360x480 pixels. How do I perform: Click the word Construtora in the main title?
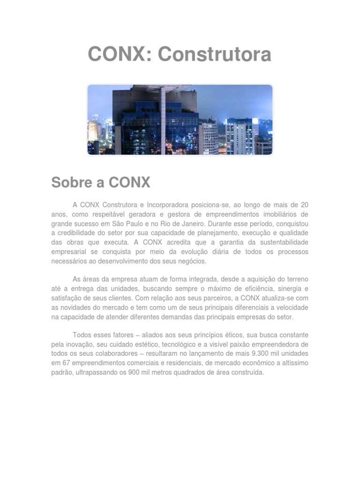(214, 55)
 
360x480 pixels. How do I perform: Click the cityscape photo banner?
(180, 120)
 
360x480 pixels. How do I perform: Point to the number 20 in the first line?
(304, 205)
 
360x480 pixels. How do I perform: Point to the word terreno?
(296, 279)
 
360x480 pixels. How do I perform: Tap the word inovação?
(76, 344)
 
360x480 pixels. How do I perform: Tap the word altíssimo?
(291, 363)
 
